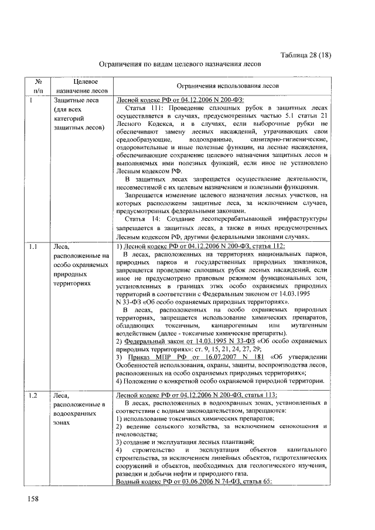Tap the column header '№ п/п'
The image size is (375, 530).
point(38,86)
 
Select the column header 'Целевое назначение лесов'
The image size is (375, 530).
point(81,86)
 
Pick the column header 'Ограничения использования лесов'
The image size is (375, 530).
point(223,86)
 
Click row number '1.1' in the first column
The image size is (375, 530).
point(35,248)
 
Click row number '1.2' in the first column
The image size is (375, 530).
point(35,396)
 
